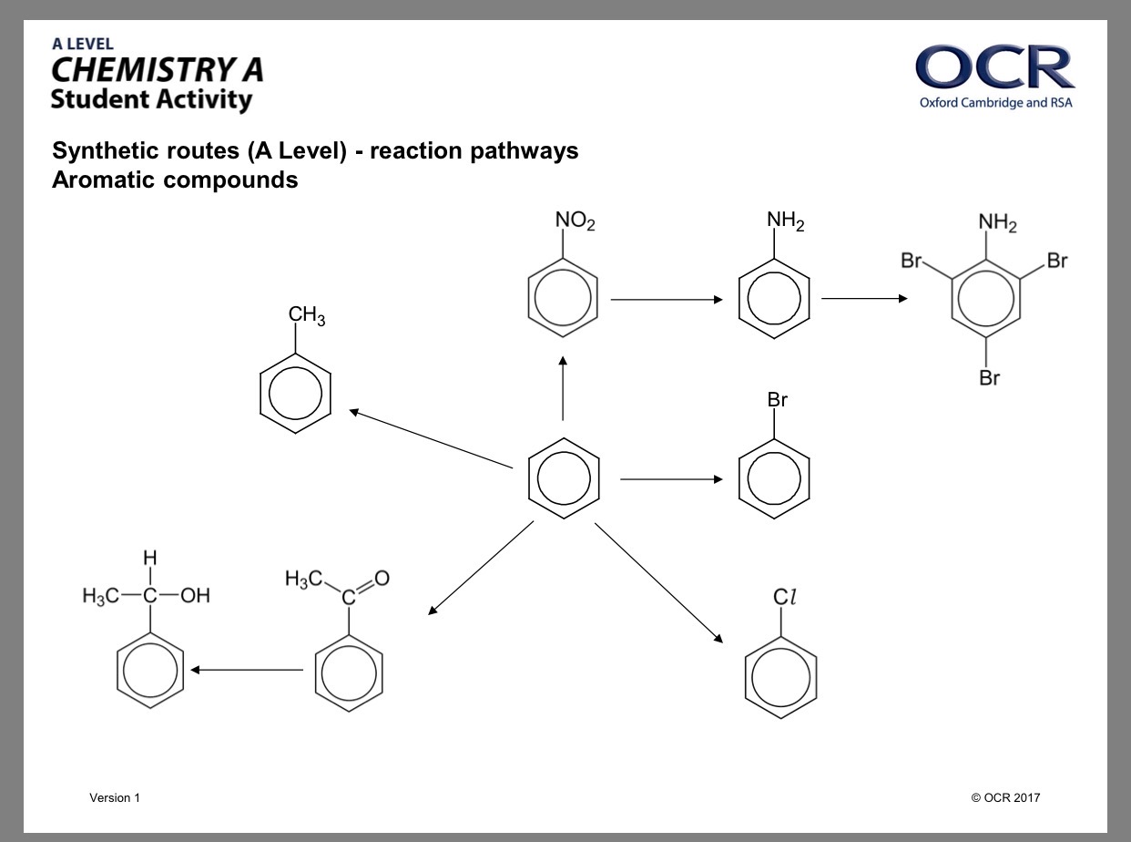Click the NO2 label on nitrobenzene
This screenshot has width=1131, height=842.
click(x=575, y=221)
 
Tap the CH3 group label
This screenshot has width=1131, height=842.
click(x=307, y=315)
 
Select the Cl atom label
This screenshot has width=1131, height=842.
click(x=784, y=596)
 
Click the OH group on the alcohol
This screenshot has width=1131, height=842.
click(x=195, y=595)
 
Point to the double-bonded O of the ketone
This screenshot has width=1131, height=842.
click(x=382, y=578)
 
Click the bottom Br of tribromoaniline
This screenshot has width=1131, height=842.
click(x=989, y=377)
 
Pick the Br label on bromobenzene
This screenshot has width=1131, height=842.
click(x=777, y=399)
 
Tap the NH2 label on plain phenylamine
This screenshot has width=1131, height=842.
click(x=785, y=221)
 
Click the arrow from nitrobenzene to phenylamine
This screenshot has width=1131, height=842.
click(x=667, y=300)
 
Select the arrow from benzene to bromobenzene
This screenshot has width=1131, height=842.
click(x=671, y=479)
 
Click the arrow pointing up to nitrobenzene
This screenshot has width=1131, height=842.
click(x=563, y=388)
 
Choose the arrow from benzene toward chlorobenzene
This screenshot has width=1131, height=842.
click(x=658, y=583)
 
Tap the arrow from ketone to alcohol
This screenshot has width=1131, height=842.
click(x=247, y=670)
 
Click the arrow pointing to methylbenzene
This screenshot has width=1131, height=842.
click(x=431, y=438)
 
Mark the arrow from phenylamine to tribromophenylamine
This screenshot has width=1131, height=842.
click(x=864, y=299)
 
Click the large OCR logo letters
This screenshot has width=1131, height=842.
click(x=994, y=67)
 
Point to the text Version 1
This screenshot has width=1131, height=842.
click(x=115, y=797)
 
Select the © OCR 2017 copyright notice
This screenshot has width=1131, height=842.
click(x=1005, y=797)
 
